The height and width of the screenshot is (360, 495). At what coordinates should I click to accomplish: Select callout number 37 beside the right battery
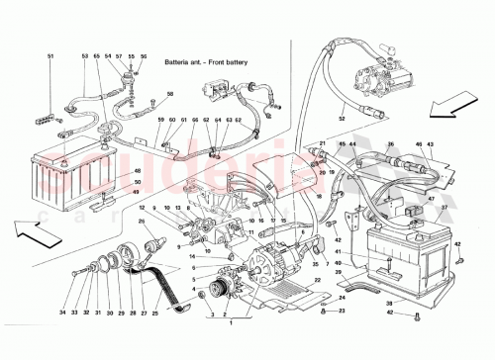442,208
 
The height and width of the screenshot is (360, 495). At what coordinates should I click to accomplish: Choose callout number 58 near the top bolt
170,94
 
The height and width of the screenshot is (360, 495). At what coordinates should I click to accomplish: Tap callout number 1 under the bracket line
232,322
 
